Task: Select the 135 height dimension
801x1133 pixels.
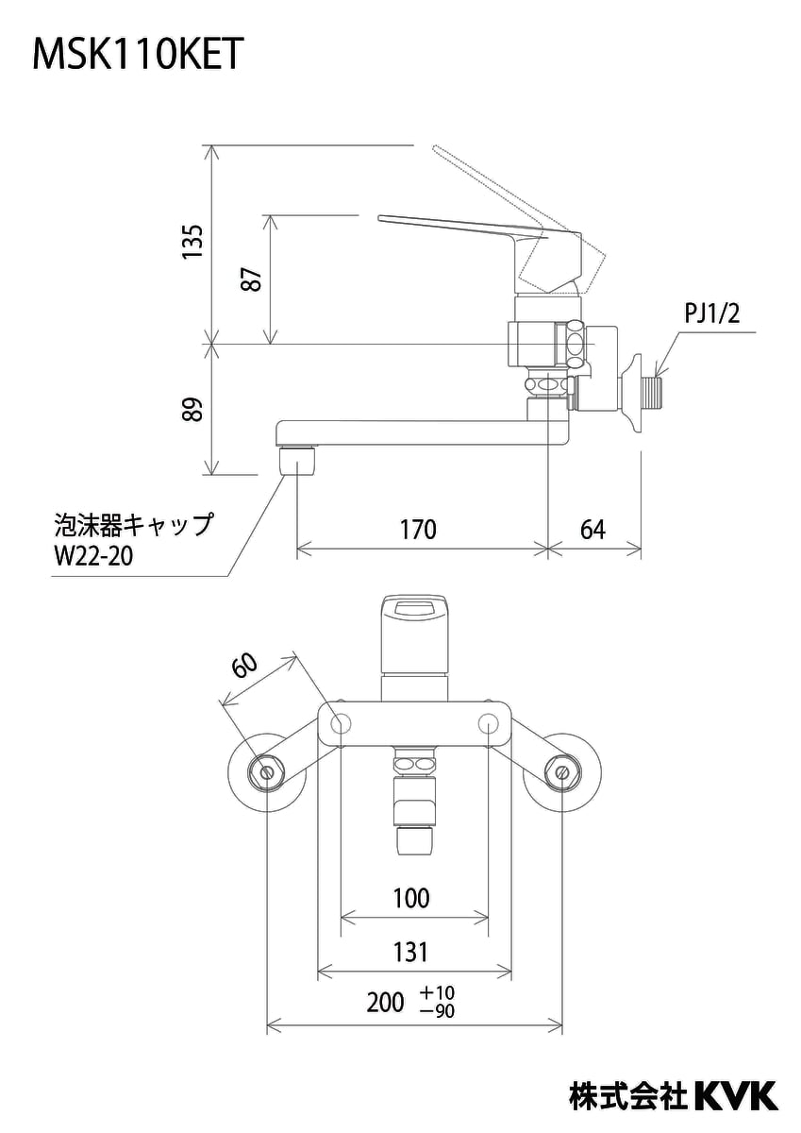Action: click(x=192, y=243)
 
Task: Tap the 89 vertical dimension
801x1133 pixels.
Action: click(x=192, y=409)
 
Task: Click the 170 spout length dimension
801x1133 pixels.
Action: click(x=418, y=530)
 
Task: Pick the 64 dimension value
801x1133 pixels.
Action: click(x=592, y=530)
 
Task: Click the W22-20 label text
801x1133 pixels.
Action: click(x=92, y=555)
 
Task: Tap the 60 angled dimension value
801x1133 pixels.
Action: click(x=243, y=666)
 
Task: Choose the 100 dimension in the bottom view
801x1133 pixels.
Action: click(x=411, y=898)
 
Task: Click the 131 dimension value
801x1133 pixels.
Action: click(x=411, y=952)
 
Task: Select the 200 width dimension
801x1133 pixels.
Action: click(x=385, y=1003)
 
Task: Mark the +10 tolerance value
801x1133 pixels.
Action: click(x=438, y=993)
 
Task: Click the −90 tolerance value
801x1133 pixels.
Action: click(x=438, y=1011)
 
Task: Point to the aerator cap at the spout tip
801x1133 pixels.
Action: click(x=298, y=463)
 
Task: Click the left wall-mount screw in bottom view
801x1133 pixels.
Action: click(x=267, y=772)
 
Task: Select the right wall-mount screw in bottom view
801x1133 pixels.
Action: click(x=563, y=772)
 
